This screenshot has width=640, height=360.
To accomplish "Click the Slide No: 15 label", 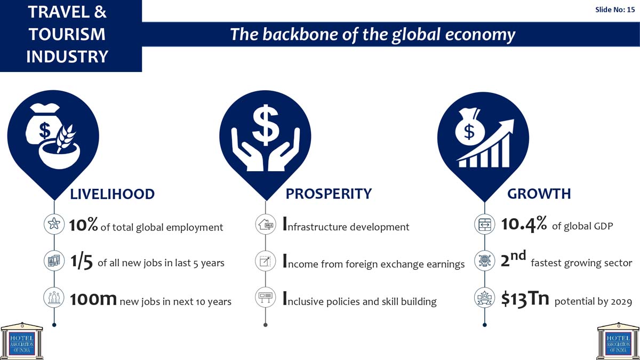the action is [x=615, y=10].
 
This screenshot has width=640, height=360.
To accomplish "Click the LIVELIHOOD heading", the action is [x=113, y=194].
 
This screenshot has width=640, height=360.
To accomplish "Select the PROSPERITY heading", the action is [x=329, y=194].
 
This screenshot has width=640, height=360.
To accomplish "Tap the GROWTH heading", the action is [x=539, y=194].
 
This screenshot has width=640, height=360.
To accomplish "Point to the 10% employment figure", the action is [x=83, y=225].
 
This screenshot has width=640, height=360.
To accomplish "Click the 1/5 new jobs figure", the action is [x=82, y=261].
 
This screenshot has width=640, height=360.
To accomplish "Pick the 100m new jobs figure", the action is [x=93, y=299].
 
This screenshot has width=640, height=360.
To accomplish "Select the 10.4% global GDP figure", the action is [x=524, y=224].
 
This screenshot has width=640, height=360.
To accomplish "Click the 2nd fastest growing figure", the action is [x=514, y=259].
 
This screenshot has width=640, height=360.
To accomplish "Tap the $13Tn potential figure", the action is [x=525, y=299].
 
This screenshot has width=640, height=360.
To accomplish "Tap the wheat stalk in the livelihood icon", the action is [x=65, y=138].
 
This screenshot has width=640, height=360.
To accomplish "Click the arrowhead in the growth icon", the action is [x=506, y=125].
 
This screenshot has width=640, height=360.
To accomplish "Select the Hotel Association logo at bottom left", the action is [x=22, y=341].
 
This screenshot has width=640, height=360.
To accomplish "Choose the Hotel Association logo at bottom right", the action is [x=618, y=341].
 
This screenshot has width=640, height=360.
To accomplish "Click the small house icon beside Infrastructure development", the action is [x=266, y=225].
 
